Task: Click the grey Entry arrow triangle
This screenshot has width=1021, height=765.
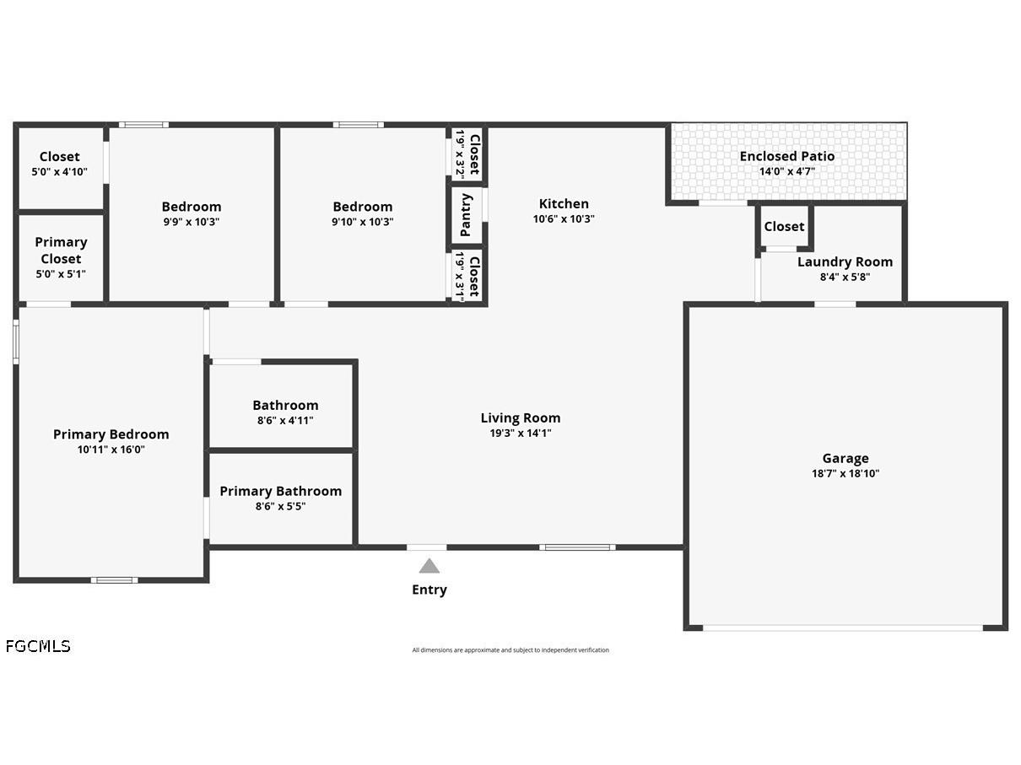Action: point(429,566)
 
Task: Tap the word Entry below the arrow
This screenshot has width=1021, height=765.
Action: point(429,590)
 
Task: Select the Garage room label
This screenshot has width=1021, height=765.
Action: point(845,459)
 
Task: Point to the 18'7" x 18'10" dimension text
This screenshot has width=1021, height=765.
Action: point(845,474)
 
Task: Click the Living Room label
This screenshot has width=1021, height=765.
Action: point(521,418)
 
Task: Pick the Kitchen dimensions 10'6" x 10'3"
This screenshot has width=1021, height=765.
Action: point(564,219)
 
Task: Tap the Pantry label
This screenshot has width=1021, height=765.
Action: point(466,215)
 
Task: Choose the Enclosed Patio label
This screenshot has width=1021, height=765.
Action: point(787,156)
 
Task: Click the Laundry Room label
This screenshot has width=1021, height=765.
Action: point(845,262)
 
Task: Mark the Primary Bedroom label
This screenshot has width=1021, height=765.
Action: point(111,434)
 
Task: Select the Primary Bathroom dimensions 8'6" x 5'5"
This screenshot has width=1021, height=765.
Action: point(280,506)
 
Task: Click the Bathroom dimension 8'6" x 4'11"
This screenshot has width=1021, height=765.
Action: point(285,421)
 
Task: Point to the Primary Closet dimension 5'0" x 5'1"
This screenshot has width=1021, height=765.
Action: point(61,274)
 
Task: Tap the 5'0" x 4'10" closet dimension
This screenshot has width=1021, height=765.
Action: point(59,172)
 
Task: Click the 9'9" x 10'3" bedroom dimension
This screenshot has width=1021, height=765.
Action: point(192,222)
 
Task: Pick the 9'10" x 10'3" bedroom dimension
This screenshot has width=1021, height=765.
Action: point(362,222)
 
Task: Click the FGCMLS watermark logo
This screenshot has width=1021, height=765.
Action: point(38,646)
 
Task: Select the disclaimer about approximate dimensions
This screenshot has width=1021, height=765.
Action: point(511,649)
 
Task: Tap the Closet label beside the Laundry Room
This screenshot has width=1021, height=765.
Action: point(784,227)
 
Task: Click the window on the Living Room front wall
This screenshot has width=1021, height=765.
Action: point(577,547)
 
